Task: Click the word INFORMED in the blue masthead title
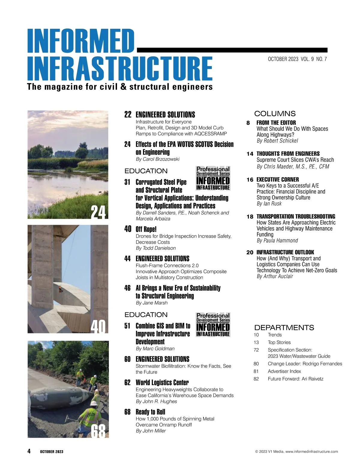click(x=80, y=41)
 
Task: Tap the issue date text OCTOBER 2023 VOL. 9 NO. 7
click(x=297, y=59)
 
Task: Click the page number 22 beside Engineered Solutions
click(x=128, y=115)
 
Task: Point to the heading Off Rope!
click(x=146, y=229)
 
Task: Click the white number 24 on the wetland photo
click(x=98, y=213)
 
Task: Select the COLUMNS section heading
click(x=275, y=114)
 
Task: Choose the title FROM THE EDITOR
click(x=276, y=123)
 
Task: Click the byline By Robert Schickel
click(x=277, y=141)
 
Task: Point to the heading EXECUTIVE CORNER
click(x=277, y=180)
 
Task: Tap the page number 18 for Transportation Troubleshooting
click(x=250, y=216)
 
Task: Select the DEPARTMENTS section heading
click(x=284, y=327)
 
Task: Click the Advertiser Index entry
click(x=284, y=371)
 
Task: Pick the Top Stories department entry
click(x=279, y=342)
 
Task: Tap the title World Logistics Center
click(x=162, y=382)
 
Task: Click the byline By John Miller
click(x=151, y=431)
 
